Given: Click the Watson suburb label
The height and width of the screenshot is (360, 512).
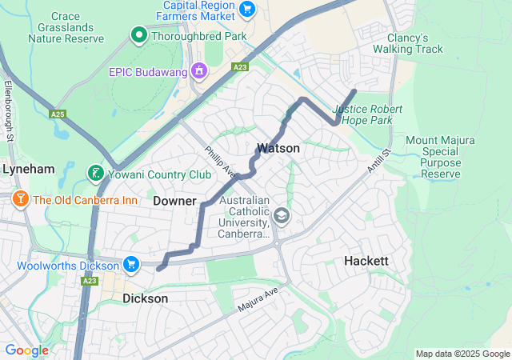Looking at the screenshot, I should (278, 148).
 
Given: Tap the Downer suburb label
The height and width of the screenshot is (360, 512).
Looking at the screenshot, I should (174, 200).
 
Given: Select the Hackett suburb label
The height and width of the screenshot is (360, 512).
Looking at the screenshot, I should (366, 261).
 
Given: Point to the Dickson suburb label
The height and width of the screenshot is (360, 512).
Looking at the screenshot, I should (146, 298).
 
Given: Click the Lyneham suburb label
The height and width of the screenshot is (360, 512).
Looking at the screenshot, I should (28, 170).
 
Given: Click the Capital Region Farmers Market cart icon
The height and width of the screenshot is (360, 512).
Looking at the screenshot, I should (246, 10).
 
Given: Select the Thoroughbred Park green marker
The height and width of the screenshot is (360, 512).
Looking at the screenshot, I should (138, 34).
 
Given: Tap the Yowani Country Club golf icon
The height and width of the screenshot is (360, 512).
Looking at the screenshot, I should (94, 174).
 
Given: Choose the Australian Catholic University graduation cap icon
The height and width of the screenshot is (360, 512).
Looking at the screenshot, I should (282, 215).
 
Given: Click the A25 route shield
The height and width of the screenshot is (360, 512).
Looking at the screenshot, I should (57, 114).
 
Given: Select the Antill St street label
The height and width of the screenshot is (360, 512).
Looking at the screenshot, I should (378, 163).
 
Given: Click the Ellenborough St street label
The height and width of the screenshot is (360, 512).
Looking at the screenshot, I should (10, 111).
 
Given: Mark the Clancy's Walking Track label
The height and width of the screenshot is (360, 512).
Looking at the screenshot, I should (414, 43).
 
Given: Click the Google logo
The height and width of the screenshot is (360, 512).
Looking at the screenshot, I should (26, 350).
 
